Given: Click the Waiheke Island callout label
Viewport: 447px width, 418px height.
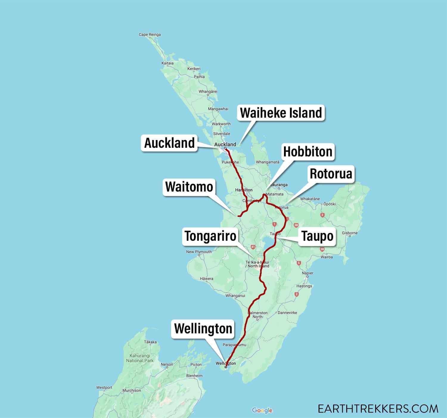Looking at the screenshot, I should tap(281, 113).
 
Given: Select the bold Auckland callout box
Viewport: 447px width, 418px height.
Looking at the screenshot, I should tap(169, 143).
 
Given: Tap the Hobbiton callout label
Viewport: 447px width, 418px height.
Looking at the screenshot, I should tap(308, 152).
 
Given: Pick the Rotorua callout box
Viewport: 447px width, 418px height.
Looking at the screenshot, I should tap(331, 174).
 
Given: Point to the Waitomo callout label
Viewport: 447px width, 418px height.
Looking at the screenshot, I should tap(189, 187).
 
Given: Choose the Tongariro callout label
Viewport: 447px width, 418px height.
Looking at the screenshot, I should tap(210, 236).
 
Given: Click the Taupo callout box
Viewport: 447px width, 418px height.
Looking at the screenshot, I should tap(317, 236).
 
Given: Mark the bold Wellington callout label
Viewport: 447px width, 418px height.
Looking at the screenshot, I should tap(203, 329).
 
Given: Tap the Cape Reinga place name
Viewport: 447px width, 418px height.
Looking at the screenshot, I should tap(150, 35).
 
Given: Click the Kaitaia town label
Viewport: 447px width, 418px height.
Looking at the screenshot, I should tap(167, 63).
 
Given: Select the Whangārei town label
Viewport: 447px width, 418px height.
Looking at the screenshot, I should tap(208, 91).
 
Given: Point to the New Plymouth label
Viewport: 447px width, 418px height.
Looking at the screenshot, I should tap(199, 252).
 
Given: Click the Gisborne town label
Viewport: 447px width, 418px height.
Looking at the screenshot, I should tap(350, 233).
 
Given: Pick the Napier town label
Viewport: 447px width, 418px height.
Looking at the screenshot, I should tap(308, 273).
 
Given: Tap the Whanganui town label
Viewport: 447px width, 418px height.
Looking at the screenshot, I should tap(235, 296).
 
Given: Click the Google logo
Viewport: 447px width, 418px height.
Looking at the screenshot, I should tap(262, 411).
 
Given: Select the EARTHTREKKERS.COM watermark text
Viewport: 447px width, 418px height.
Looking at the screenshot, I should tap(378, 408).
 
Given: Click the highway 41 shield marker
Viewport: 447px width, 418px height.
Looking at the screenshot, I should tap(253, 247).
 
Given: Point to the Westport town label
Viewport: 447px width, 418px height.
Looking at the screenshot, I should tap(104, 388).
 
